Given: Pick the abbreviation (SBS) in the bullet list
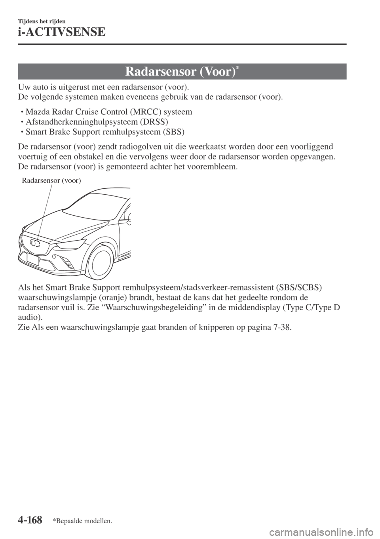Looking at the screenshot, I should point(172,131).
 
